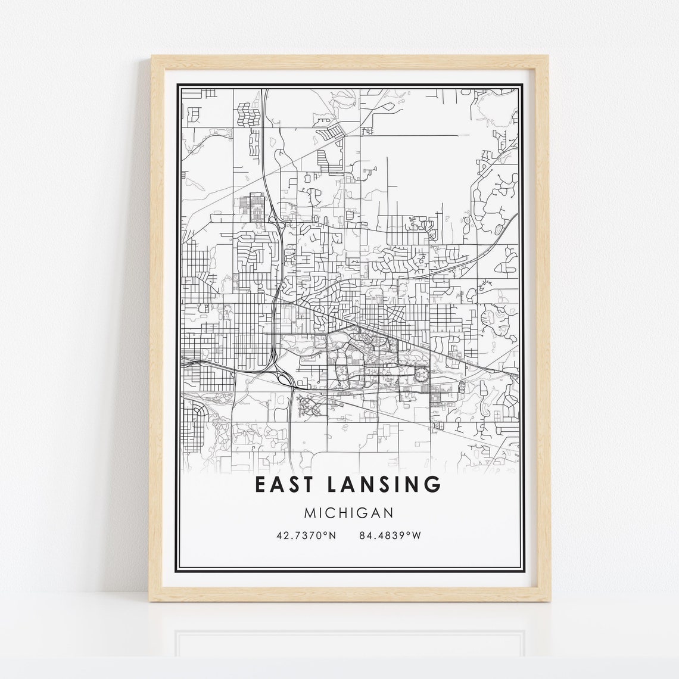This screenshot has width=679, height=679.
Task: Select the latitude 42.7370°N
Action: (306, 535)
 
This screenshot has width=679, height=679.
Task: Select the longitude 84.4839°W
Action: (390, 535)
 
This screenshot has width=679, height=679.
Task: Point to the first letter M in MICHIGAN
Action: (309, 512)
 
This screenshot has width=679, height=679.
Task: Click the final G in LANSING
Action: (433, 484)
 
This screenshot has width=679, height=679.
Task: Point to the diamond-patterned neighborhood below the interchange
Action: (309, 406)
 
